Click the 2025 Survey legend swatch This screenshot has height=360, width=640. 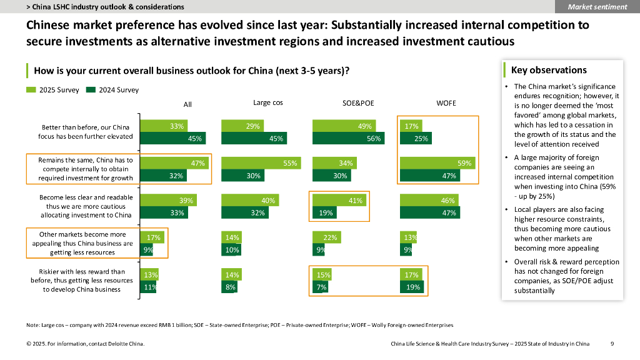pyautogui.click(x=31, y=90)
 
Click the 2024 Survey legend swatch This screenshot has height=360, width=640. pyautogui.click(x=91, y=90)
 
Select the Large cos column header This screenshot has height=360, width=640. pyautogui.click(x=267, y=102)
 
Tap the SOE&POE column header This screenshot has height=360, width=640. pyautogui.click(x=358, y=103)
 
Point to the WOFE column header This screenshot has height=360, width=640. pyautogui.click(x=446, y=103)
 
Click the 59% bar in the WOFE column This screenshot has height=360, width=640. pyautogui.click(x=437, y=163)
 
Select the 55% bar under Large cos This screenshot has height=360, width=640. pyautogui.click(x=261, y=163)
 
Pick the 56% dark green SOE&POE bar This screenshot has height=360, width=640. pyautogui.click(x=348, y=138)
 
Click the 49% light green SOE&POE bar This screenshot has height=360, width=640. pyautogui.click(x=344, y=126)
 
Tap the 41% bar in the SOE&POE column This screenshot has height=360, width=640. pyautogui.click(x=339, y=201)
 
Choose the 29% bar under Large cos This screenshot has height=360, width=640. pyautogui.click(x=242, y=126)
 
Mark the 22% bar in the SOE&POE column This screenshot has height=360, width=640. pyautogui.click(x=326, y=237)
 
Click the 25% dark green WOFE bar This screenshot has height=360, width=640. pyautogui.click(x=416, y=138)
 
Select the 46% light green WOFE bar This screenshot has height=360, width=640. pyautogui.click(x=429, y=201)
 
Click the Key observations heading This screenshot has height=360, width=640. pyautogui.click(x=549, y=70)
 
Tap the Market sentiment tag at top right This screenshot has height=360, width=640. pyautogui.click(x=597, y=6)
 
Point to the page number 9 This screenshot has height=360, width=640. pyautogui.click(x=612, y=344)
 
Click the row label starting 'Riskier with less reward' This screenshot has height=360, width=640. pyautogui.click(x=82, y=281)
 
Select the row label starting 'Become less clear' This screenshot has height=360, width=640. pyautogui.click(x=86, y=206)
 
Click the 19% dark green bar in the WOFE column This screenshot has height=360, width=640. pyautogui.click(x=412, y=287)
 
